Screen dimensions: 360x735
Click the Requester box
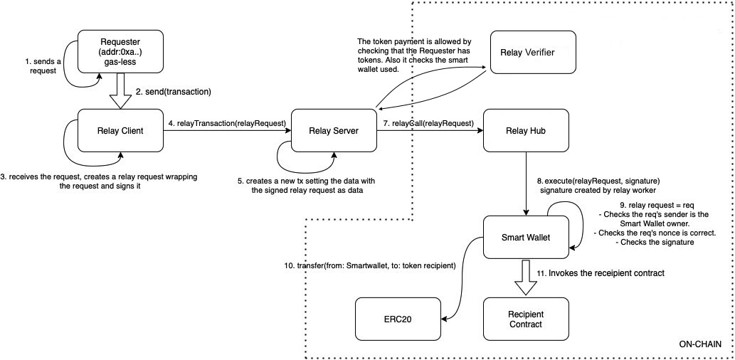point(120,51)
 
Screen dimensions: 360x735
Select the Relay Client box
point(120,129)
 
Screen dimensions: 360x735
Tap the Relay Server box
point(334,129)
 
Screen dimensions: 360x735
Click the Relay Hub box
point(526,129)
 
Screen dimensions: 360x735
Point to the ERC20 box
point(398,319)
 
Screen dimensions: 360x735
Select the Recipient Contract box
point(526,319)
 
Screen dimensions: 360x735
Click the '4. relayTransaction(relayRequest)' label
point(227,123)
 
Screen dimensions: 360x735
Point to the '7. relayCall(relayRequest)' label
point(428,123)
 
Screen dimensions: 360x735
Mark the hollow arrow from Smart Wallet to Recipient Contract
point(526,275)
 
